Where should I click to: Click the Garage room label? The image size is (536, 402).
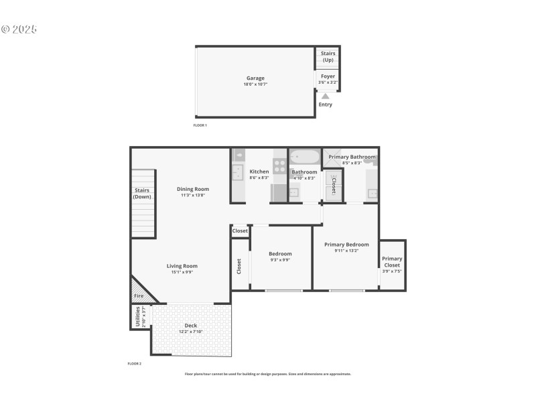point(254,78)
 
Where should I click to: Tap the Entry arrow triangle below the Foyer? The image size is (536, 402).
point(325,96)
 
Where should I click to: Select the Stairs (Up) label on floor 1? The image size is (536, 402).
point(328,56)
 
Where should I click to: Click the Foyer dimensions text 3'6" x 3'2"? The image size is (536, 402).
point(328,83)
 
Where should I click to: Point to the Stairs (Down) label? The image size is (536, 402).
point(142,194)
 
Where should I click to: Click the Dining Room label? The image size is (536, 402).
point(193,189)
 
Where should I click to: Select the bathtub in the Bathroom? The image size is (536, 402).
point(306,157)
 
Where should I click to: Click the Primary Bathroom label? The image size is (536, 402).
point(352,157)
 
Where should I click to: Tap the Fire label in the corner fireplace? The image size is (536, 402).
point(139,295)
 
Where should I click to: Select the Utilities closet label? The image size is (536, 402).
point(138,316)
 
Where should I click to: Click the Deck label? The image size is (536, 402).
point(191,326)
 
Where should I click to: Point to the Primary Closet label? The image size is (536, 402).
point(392,262)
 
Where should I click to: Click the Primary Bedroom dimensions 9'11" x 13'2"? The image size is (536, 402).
point(346,251)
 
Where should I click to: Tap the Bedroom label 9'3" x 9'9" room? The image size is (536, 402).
point(280,254)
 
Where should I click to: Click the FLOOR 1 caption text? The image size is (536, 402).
point(200,125)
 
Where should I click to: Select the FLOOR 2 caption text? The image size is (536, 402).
point(135,363)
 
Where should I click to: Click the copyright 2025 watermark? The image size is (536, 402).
point(19,29)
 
